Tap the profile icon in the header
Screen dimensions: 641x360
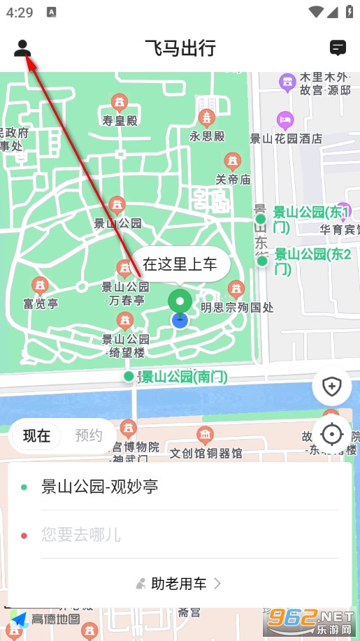(x=22, y=48)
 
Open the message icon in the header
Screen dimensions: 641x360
(x=338, y=48)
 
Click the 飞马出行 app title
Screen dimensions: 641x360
(x=180, y=48)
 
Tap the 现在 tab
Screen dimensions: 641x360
(x=36, y=436)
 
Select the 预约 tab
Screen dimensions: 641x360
(x=89, y=436)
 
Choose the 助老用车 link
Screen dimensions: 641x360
(x=179, y=583)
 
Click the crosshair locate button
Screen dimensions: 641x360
(x=331, y=434)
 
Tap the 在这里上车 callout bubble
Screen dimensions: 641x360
(x=180, y=264)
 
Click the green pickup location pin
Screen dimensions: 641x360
(x=180, y=302)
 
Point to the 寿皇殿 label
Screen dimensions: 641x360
(x=120, y=121)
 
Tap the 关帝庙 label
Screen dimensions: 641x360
(x=233, y=180)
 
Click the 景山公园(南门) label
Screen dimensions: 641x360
(x=185, y=377)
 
